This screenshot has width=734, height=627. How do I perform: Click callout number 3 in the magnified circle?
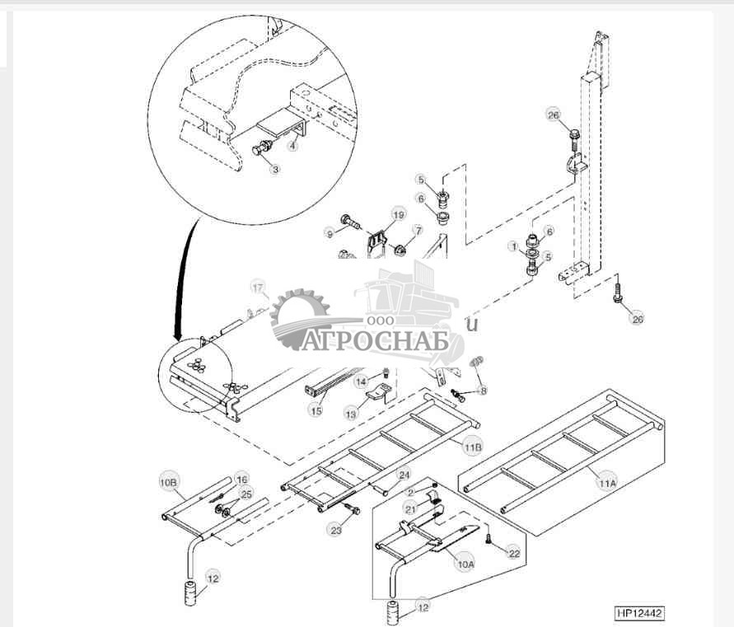pos(276,169)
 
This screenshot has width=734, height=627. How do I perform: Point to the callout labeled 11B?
pos(472,447)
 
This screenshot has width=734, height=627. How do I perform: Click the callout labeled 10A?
pos(465,564)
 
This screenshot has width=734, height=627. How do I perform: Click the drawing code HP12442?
pos(639,614)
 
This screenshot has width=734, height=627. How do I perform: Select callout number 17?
pos(260,288)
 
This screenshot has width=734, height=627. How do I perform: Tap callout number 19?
pos(399,214)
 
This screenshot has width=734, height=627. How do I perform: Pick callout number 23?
pos(336,531)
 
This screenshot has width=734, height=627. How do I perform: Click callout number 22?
pos(514,553)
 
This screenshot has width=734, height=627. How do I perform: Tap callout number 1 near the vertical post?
pos(513,246)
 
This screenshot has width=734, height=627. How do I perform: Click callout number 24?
pos(404,475)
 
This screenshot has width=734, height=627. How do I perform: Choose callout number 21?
pos(410,510)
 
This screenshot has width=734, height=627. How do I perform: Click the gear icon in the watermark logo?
pos(299,316)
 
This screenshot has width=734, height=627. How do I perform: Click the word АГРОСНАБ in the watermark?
pos(375,341)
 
